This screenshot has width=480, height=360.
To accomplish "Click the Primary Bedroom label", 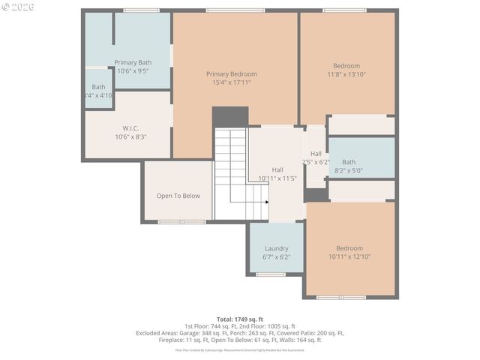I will pyautogui.click(x=232, y=73).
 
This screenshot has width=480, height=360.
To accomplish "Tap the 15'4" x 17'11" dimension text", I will pyautogui.click(x=232, y=82).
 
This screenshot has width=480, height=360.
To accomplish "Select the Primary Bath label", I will pyautogui.click(x=133, y=62).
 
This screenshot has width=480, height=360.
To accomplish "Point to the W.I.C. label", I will pyautogui.click(x=131, y=128).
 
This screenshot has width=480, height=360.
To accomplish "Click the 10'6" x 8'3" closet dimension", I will pyautogui.click(x=131, y=137).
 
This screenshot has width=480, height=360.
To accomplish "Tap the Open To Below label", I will pyautogui.click(x=178, y=196).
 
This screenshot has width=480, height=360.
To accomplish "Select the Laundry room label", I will pyautogui.click(x=276, y=248).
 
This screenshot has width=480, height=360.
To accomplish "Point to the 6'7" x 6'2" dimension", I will pyautogui.click(x=276, y=257).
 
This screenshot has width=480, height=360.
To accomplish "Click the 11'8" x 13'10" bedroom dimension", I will pyautogui.click(x=346, y=74).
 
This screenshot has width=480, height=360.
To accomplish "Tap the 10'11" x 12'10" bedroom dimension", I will pyautogui.click(x=349, y=257).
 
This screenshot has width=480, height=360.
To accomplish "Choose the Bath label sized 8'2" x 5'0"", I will pyautogui.click(x=349, y=162).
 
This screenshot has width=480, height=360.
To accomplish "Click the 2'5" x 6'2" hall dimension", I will pyautogui.click(x=316, y=162).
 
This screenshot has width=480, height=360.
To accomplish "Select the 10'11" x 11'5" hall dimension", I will pyautogui.click(x=277, y=178).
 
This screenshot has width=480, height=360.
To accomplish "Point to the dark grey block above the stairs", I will pyautogui.click(x=229, y=117).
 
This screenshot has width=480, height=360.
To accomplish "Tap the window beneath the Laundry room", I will pyautogui.click(x=271, y=274).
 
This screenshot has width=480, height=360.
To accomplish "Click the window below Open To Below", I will pyautogui.click(x=182, y=222).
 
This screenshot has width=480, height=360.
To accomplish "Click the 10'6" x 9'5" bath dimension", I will pyautogui.click(x=133, y=71).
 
